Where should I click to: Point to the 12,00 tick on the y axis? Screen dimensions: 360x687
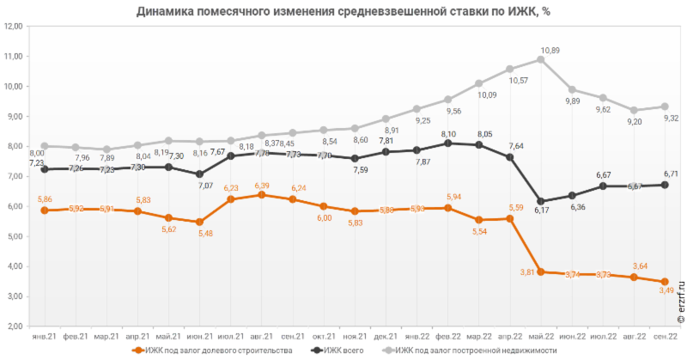point(13,26)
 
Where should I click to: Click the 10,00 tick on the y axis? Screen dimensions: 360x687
point(13,86)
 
